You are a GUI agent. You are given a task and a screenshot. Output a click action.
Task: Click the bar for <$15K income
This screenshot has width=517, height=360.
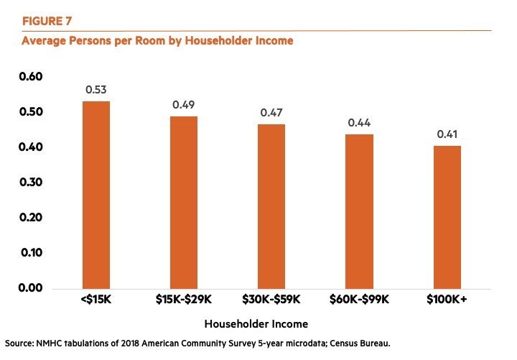click(96, 194)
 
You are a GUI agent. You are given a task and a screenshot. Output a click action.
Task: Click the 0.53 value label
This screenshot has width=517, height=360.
click(96, 90)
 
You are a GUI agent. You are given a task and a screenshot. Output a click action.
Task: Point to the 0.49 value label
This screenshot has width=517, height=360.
click(184, 105)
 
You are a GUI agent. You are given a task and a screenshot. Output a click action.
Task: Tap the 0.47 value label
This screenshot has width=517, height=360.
click(271, 112)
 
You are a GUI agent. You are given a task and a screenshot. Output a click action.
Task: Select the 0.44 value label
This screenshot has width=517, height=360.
click(359, 123)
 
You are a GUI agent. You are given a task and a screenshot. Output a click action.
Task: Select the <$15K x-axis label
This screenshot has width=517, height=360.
click(96, 300)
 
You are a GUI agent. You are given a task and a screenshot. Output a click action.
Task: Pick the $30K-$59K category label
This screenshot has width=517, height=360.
click(271, 300)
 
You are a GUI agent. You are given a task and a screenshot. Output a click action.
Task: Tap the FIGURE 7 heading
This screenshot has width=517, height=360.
click(47, 20)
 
